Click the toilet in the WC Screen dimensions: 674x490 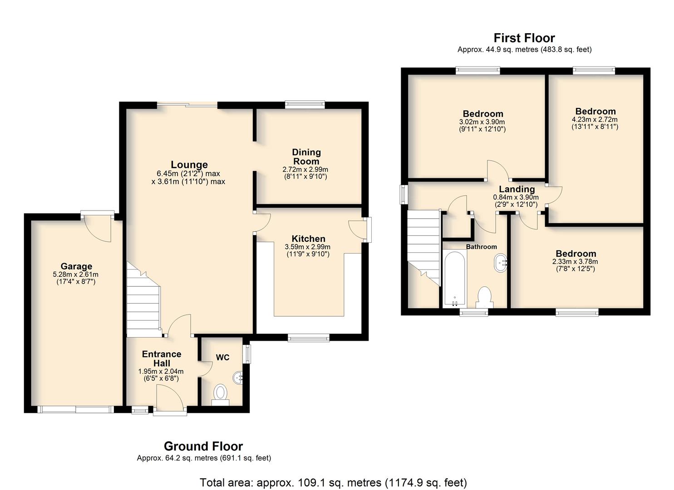pos(221,395)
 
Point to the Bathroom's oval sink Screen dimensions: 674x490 pos(500,263)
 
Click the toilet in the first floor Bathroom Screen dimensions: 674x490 pos(484,297)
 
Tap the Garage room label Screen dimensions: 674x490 pos(76,266)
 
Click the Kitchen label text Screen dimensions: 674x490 pos(309,239)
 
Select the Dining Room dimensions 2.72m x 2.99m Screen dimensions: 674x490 pos(305,169)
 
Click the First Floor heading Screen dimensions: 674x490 pos(524,38)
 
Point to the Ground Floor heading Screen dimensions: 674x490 pos(203,446)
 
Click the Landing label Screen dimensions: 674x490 pos(517,189)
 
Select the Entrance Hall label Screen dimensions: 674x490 pos(162,358)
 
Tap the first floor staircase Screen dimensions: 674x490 pos(424,247)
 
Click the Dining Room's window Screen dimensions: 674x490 pos(305,105)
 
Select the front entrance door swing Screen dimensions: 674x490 pos(170,398)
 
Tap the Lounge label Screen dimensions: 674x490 pos(189,165)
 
